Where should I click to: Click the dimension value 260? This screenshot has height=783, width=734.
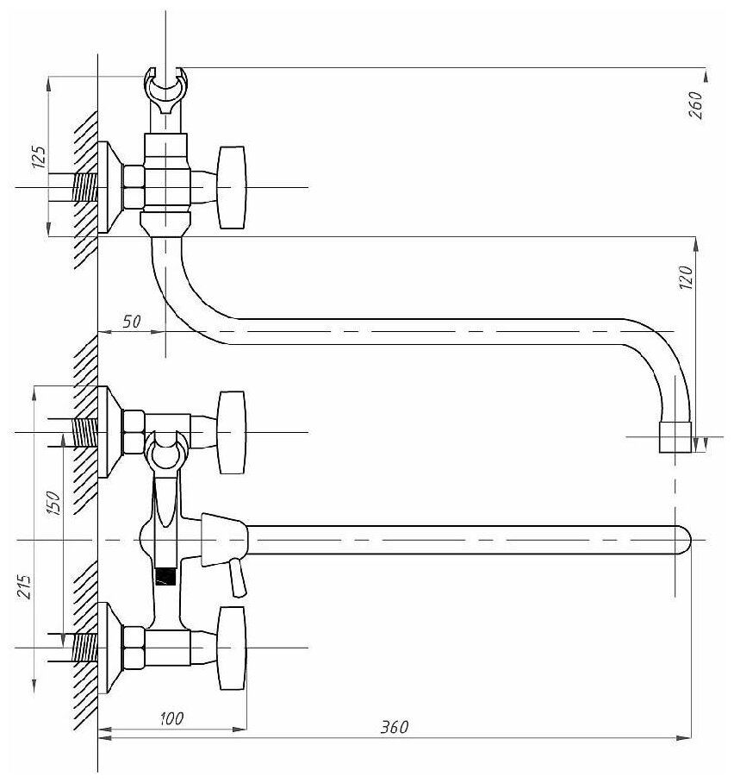point(696,104)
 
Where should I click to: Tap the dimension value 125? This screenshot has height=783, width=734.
point(38,157)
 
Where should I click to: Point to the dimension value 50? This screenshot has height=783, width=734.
point(131,321)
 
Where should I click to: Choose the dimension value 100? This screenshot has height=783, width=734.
point(173,717)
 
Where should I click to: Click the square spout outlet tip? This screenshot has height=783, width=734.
point(675,437)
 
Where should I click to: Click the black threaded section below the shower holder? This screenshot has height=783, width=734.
point(165,575)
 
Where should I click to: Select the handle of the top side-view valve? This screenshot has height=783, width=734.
point(233,188)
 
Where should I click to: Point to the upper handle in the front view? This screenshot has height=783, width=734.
point(233,432)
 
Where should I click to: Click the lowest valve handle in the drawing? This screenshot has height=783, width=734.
point(233,648)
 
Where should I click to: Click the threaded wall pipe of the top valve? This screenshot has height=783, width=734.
point(83,188)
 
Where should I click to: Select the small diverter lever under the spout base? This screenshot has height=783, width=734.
point(236,577)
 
